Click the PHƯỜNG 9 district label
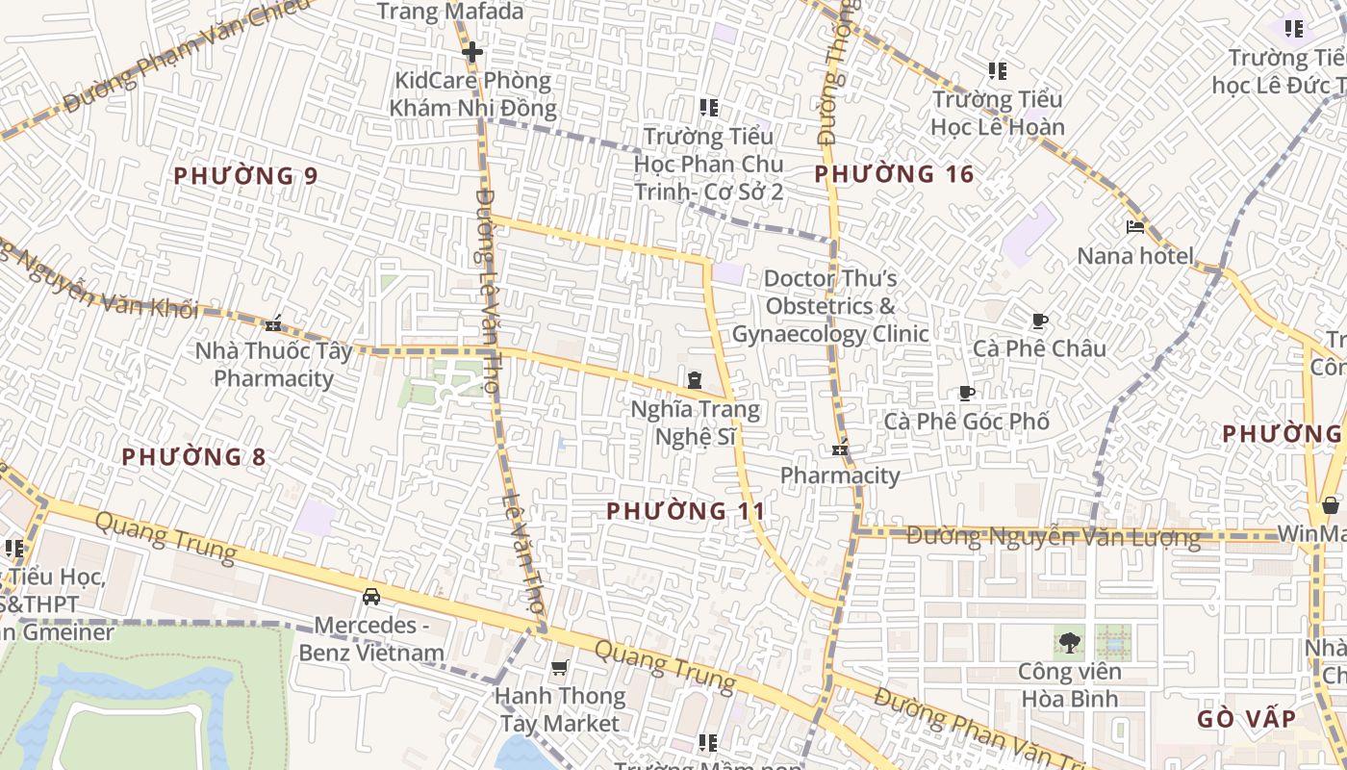coord(245,176)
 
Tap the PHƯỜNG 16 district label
coord(894,174)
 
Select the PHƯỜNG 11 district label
coord(686,511)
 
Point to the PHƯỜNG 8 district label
coord(193,456)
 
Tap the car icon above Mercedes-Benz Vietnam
coord(371,597)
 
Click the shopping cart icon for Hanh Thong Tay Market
coord(559,667)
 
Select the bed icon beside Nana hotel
coord(1135,228)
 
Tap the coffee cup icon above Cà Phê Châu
coord(1039,321)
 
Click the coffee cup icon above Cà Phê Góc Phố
coord(967,393)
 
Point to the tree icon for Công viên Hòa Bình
coord(1068,641)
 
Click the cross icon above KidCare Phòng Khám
coord(471,52)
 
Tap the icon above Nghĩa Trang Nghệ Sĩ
coord(695,381)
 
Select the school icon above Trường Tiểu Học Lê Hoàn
coord(998,71)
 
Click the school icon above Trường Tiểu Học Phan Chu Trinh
coord(709,107)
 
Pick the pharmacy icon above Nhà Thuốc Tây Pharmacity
coord(273,322)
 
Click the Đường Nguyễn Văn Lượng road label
coord(1054,537)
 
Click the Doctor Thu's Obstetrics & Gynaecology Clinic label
coord(830,306)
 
